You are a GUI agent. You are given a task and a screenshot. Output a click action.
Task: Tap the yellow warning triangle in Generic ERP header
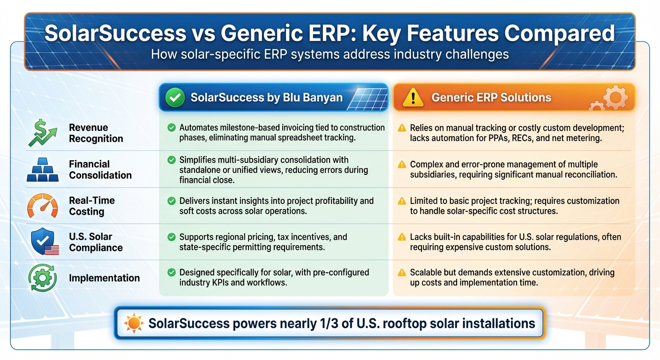pos(412,97)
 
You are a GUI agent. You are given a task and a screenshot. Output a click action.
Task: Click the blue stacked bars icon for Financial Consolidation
pos(42,170)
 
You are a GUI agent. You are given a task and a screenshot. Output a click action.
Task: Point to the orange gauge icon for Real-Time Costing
pos(42,206)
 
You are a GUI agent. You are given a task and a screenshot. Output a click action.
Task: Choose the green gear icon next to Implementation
pos(42,278)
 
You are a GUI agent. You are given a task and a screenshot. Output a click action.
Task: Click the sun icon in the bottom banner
pos(134,323)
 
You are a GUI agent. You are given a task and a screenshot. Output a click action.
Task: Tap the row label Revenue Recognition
pos(96,133)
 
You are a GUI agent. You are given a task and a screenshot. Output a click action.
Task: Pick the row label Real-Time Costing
pos(91,206)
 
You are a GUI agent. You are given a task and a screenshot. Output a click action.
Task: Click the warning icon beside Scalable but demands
pos(402,273)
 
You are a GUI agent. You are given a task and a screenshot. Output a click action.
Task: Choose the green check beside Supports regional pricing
pos(171,237)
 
